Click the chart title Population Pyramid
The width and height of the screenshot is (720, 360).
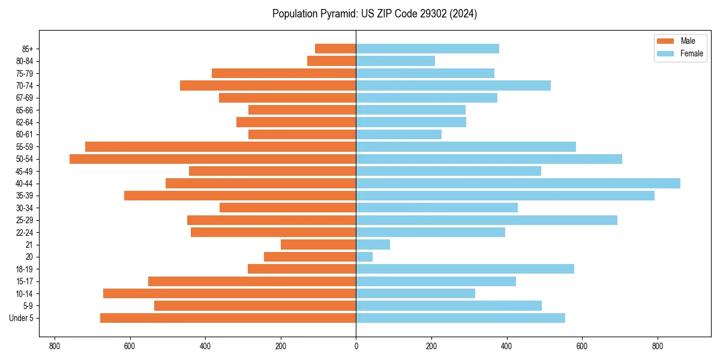[x=374, y=14]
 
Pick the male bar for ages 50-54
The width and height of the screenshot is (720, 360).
[x=212, y=159]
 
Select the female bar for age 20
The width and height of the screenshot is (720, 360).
[x=364, y=257]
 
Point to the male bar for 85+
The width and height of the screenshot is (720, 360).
[x=335, y=49]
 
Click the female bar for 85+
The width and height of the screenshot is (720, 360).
[x=427, y=49]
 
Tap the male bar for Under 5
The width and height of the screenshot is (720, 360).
[x=228, y=318]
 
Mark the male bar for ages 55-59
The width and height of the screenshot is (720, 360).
[x=220, y=147]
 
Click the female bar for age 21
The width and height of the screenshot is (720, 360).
[x=373, y=245]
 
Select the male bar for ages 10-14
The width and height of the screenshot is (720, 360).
[x=229, y=293]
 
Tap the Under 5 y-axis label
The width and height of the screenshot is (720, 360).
[x=22, y=318]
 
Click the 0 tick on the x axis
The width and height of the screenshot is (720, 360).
[x=356, y=346]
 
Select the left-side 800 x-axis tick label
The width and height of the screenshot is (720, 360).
[x=55, y=346]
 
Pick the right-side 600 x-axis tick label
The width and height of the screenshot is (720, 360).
[x=582, y=346]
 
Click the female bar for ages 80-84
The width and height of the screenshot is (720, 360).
[x=395, y=61]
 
